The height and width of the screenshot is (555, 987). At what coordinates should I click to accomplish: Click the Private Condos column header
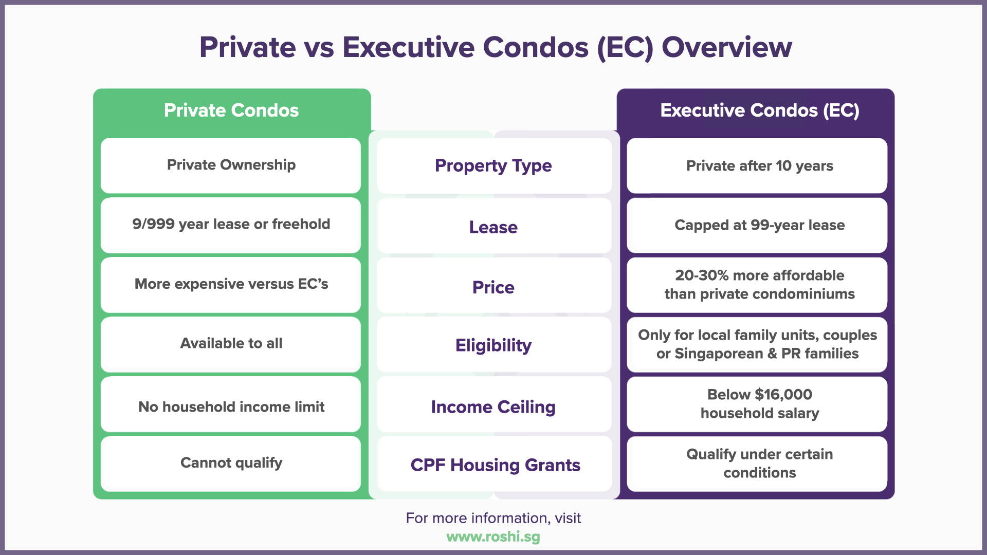click(231, 110)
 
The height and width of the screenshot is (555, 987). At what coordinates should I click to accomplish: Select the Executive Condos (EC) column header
click(759, 110)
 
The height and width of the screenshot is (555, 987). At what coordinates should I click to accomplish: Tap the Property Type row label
click(493, 165)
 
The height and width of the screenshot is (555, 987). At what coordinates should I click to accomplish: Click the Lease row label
click(493, 227)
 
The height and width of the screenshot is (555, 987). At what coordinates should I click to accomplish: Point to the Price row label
click(493, 287)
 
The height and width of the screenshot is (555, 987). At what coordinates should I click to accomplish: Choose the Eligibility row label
click(493, 345)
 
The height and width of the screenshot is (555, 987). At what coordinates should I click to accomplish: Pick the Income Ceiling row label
click(493, 407)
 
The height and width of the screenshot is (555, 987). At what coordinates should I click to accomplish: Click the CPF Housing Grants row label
click(495, 465)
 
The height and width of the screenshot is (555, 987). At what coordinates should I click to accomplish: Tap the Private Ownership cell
click(231, 165)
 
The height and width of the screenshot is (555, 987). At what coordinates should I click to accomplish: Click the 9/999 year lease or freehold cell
click(231, 225)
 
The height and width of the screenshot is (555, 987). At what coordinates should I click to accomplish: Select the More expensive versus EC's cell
click(231, 284)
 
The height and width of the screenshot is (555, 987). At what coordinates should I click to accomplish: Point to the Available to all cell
click(231, 343)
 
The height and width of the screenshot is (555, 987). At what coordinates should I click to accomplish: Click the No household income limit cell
click(231, 407)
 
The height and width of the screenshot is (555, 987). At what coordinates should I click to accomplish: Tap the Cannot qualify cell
click(231, 463)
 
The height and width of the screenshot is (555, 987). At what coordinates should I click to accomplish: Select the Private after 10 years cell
click(759, 166)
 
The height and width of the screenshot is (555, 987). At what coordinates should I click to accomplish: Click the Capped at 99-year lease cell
click(759, 225)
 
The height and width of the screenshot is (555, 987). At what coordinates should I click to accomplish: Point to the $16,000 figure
click(783, 395)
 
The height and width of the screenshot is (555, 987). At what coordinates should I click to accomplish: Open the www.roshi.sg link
click(493, 537)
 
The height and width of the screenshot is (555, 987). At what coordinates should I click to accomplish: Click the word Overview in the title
click(726, 47)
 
